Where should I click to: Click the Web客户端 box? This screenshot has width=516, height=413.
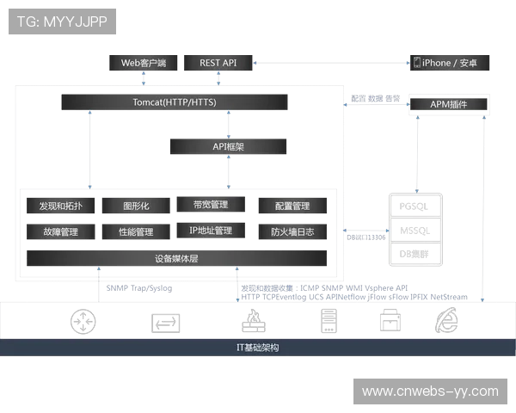click(143, 63)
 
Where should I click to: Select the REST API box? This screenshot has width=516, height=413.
click(218, 63)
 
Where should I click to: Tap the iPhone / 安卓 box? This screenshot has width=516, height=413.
click(451, 63)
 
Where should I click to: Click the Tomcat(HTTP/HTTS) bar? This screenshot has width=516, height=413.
click(175, 102)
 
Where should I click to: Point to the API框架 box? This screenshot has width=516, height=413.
click(229, 147)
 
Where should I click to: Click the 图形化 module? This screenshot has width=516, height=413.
click(136, 206)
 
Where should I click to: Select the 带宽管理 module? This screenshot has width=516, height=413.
click(211, 205)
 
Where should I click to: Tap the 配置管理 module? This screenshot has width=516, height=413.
click(292, 206)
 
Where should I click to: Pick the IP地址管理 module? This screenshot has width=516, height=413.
click(211, 231)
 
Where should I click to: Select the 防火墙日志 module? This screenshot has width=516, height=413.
click(292, 231)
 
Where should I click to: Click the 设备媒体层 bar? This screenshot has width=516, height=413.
click(175, 258)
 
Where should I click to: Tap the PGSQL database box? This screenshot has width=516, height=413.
click(414, 206)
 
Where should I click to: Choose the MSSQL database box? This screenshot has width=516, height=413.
click(414, 230)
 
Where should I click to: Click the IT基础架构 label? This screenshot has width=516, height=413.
click(257, 348)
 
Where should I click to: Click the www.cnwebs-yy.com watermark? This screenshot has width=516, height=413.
click(429, 391)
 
